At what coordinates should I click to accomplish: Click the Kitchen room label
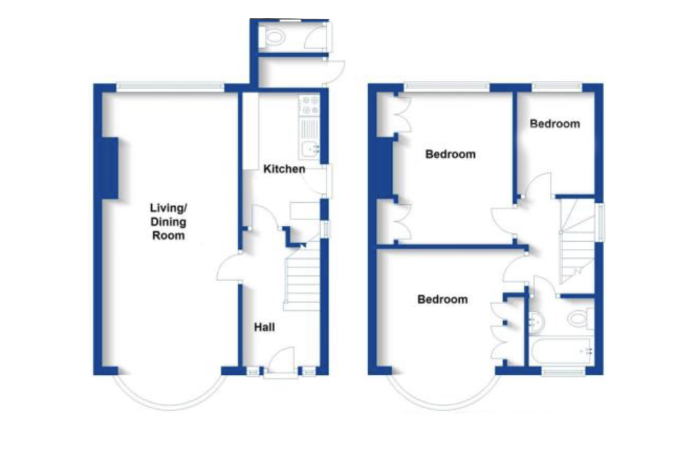point(284,169)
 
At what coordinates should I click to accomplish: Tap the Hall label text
point(264,326)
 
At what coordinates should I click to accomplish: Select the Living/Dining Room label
point(168,221)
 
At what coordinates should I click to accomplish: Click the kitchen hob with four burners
point(309,106)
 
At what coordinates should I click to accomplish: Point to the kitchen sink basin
point(309,147)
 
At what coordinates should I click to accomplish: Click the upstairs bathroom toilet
point(579,319)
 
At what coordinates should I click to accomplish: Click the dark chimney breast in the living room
point(109,168)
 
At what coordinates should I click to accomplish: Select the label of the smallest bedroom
point(555,124)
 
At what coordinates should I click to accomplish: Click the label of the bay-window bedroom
point(443,300)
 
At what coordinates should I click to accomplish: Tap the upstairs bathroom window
point(564,372)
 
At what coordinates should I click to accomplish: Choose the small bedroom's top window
point(557,86)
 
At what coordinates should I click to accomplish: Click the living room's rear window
point(171,86)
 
